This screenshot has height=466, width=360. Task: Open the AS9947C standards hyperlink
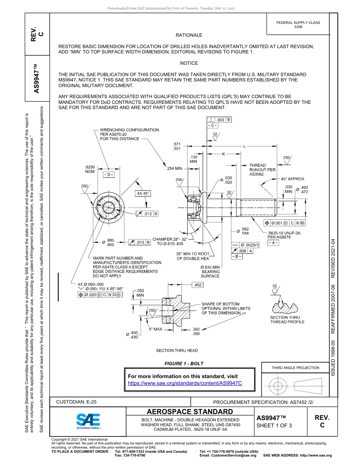pyautogui.click(x=185, y=383)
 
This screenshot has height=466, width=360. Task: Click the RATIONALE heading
pyautogui.click(x=189, y=35)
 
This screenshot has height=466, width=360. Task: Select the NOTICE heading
pyautogui.click(x=189, y=63)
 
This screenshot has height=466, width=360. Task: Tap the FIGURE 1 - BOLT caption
pyautogui.click(x=184, y=363)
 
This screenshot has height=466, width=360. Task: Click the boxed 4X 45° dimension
pyautogui.click(x=143, y=193)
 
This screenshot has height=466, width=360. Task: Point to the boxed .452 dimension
pyautogui.click(x=197, y=285)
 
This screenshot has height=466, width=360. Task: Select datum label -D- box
pyautogui.click(x=108, y=175)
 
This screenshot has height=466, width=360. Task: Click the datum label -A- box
pyautogui.click(x=273, y=242)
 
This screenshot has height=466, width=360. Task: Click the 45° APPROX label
pyautogui.click(x=292, y=179)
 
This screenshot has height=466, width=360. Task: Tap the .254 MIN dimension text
pyautogui.click(x=174, y=168)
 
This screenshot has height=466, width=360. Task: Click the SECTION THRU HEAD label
pyautogui.click(x=177, y=350)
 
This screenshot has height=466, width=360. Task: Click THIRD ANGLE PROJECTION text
pyautogui.click(x=295, y=367)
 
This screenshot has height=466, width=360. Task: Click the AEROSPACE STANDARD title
pyautogui.click(x=189, y=412)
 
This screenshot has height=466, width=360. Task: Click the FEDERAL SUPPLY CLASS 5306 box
pyautogui.click(x=298, y=25)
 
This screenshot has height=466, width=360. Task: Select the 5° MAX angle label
pyautogui.click(x=155, y=329)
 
